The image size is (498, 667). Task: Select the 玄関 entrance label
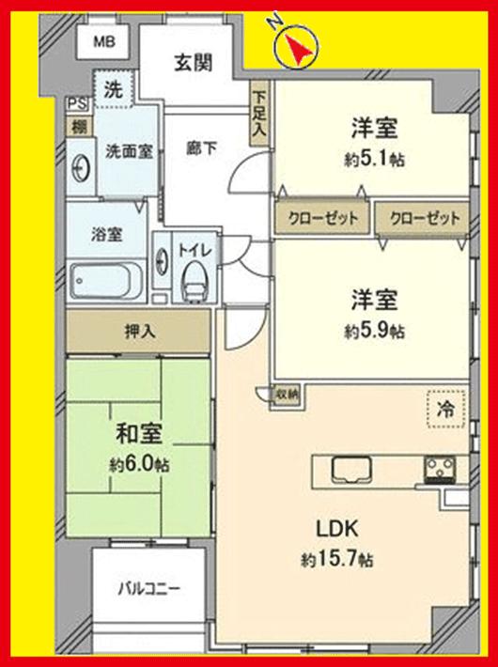[192, 63]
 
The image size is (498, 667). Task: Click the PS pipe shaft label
[75, 102]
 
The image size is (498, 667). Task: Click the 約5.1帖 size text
[374, 159]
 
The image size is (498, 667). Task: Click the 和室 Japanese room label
[139, 435]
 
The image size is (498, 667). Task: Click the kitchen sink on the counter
[349, 467]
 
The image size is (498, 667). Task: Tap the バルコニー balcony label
[148, 589]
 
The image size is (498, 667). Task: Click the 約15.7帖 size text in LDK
[337, 560]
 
